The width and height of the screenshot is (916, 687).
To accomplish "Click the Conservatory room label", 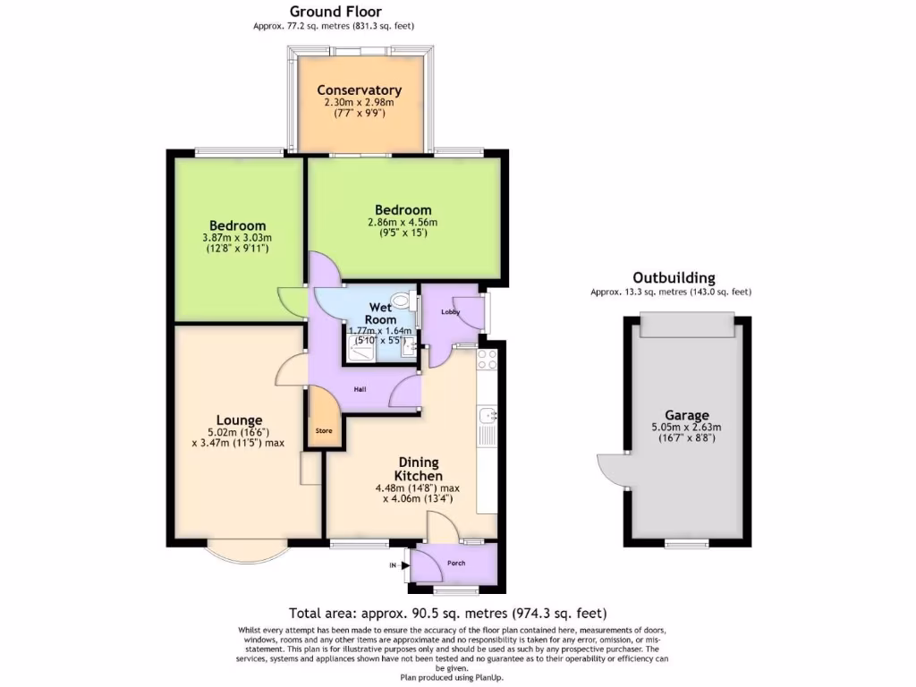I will (359, 90).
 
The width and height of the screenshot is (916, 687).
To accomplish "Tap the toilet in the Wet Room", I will (407, 303).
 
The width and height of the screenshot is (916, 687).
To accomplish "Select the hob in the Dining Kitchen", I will (488, 360).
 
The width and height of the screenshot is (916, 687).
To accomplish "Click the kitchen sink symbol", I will (488, 416).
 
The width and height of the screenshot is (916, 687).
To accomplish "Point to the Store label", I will (323, 431).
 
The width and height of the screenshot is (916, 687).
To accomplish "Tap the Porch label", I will (456, 564).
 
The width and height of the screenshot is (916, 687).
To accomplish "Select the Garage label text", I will (686, 415).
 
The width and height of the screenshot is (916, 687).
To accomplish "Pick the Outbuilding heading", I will (674, 278).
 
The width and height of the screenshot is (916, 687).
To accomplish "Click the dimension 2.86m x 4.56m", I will (403, 222).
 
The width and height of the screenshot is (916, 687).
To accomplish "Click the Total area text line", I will (448, 614).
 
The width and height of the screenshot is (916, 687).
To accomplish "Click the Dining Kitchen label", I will (419, 469).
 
